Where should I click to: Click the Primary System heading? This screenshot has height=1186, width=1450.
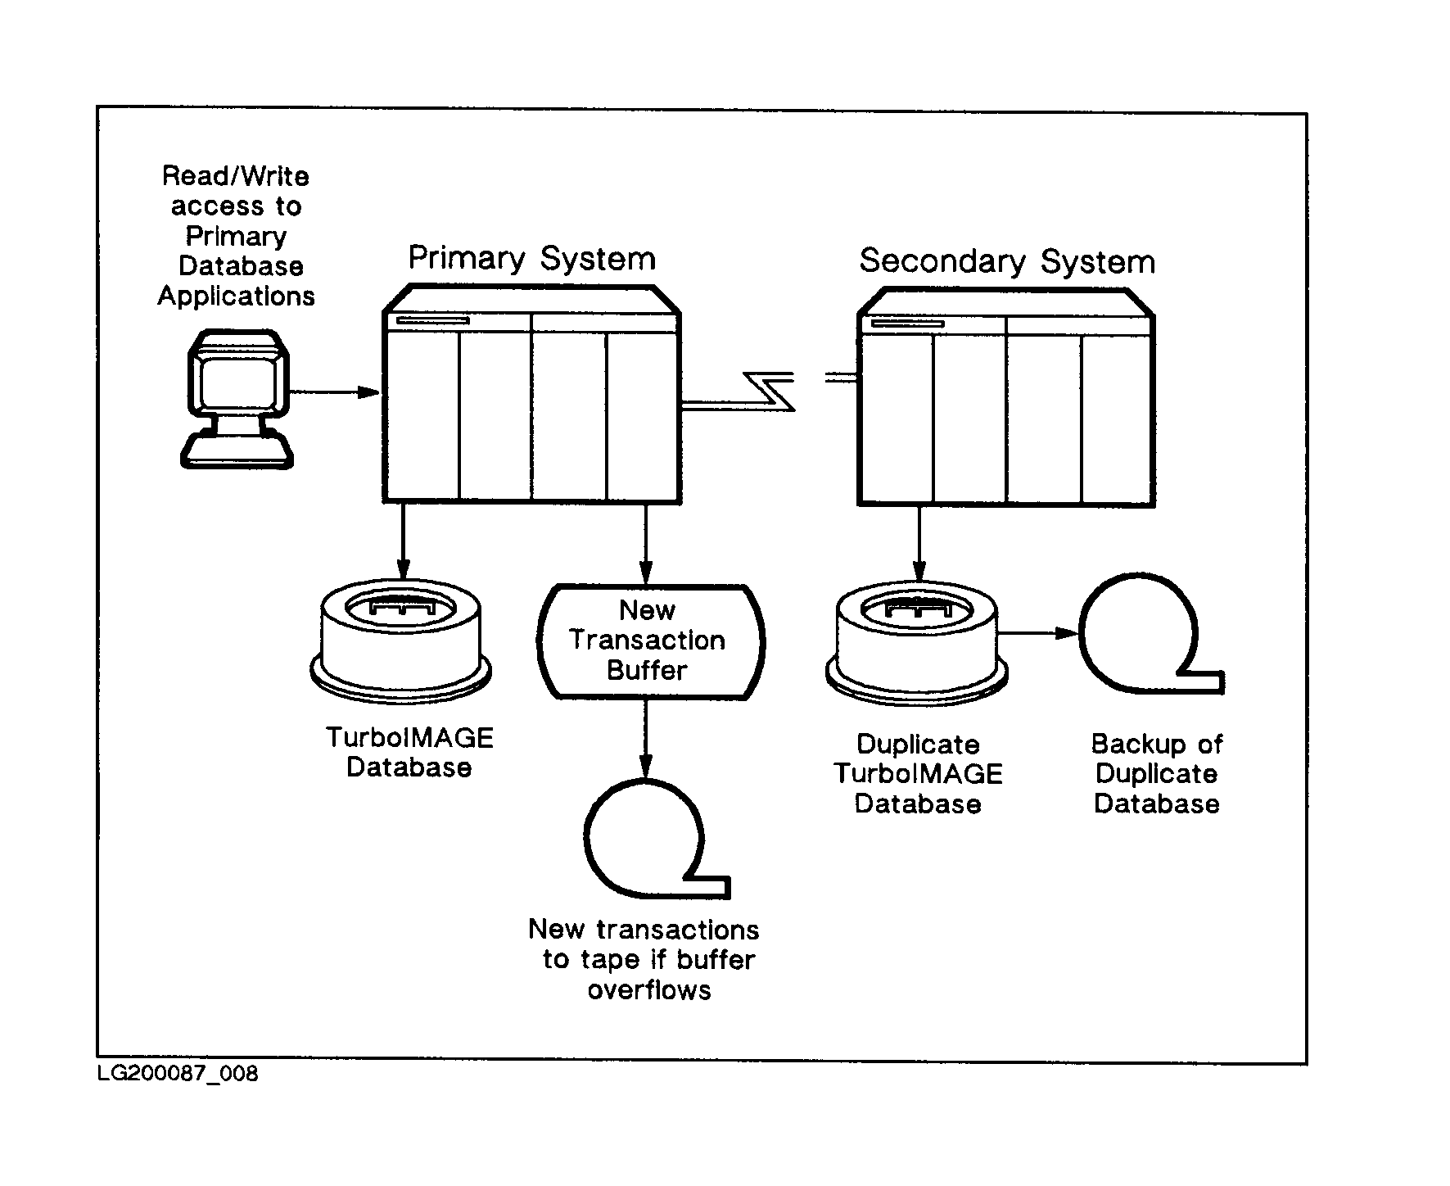pos(531,259)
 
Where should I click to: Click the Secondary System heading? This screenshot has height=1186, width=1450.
pos(1006,262)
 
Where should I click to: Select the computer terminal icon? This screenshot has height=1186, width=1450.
pos(237,398)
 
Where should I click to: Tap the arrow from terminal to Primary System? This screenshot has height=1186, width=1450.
pos(336,392)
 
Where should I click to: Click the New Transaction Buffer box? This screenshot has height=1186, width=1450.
pos(649,641)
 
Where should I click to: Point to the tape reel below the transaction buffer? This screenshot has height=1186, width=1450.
pos(647,840)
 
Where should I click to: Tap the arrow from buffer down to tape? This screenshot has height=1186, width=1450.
pos(646,737)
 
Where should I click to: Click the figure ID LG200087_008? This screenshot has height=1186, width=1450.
pos(178,1073)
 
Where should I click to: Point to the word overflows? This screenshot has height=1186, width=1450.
pos(649,990)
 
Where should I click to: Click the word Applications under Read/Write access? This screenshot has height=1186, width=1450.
pos(236,296)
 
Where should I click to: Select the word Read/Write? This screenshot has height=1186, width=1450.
pos(236,176)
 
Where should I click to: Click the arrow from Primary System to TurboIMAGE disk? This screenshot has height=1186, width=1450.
pos(402,541)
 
